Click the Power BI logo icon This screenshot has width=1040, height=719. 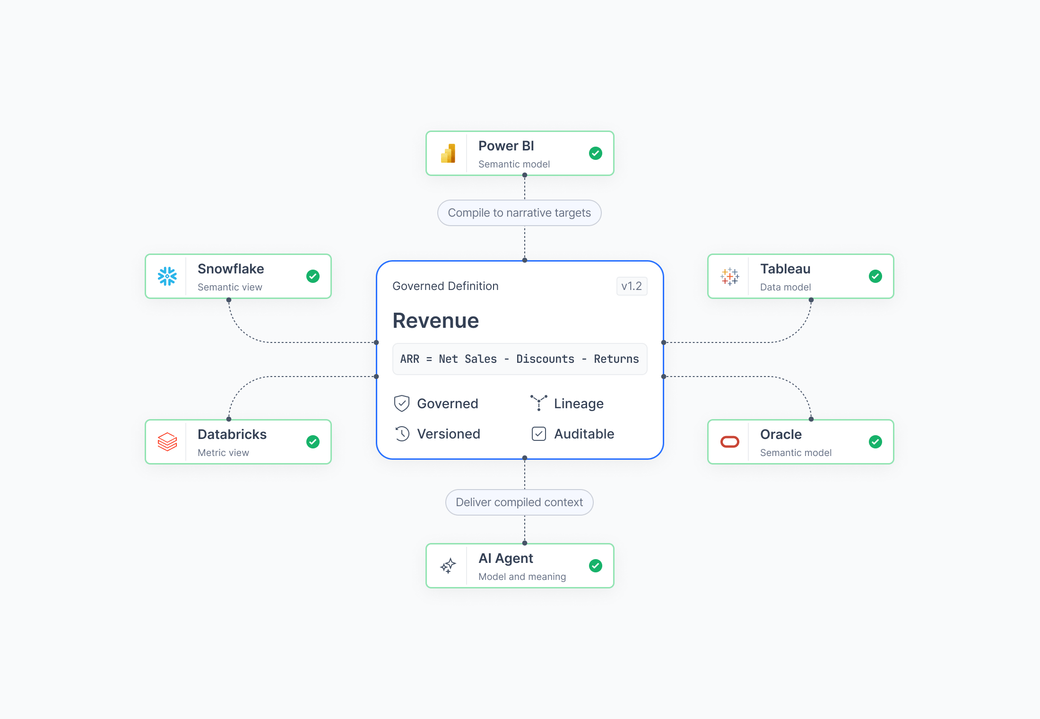[x=448, y=153]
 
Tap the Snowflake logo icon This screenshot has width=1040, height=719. [x=167, y=276]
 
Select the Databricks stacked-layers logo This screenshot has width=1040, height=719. [x=167, y=442]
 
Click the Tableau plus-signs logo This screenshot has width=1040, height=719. [x=730, y=276]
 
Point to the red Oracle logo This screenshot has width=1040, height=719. [x=730, y=442]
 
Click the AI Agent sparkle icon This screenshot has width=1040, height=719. [x=448, y=566]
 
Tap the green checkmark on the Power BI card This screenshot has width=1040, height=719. [x=596, y=153]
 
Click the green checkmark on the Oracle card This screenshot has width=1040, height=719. [x=875, y=442]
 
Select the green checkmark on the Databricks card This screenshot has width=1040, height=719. [x=313, y=442]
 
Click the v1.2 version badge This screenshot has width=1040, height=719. [x=632, y=286]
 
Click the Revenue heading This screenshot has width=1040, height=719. [x=436, y=321]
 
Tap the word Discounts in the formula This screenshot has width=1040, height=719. [x=545, y=359]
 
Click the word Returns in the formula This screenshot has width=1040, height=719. [x=616, y=359]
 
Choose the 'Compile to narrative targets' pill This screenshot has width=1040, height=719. [x=520, y=213]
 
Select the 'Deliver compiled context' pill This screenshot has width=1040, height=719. [x=520, y=502]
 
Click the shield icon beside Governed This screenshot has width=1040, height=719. [x=402, y=403]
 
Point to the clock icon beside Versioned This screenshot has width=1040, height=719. [x=402, y=434]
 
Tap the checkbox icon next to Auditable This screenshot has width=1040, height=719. [x=539, y=434]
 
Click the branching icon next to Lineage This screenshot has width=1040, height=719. [x=539, y=403]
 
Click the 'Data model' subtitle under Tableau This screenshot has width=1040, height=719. [x=785, y=287]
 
